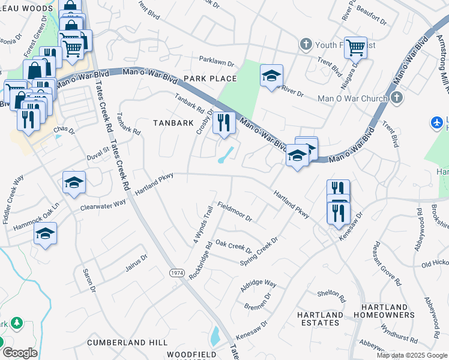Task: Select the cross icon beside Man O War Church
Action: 396,97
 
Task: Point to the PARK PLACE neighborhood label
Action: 210,79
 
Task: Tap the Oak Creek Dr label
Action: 234,247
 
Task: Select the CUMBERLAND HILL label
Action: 127,342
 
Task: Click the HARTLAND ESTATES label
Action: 321,319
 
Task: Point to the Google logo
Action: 20,353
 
